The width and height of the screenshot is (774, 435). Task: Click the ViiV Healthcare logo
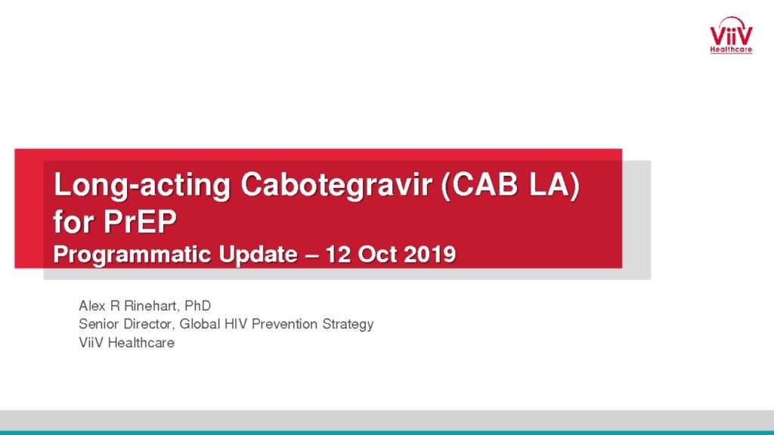point(731,35)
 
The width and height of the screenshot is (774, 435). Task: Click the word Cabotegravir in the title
point(336,186)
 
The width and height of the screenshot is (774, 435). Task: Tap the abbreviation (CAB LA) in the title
point(510,186)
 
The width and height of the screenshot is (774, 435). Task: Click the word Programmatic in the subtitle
point(132,255)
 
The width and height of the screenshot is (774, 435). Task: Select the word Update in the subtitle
point(258,255)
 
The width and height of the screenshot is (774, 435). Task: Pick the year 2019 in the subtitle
point(429,255)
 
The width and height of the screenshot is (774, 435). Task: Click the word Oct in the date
point(377,255)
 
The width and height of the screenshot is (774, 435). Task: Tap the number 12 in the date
point(338,255)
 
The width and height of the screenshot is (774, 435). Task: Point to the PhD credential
point(197,306)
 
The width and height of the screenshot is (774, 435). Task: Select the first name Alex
point(91,306)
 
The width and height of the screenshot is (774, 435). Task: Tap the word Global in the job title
point(200,324)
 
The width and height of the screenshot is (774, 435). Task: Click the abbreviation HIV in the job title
point(237,324)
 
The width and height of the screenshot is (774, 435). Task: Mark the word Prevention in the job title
point(285,324)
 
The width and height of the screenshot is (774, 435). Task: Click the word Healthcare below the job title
point(141,343)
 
